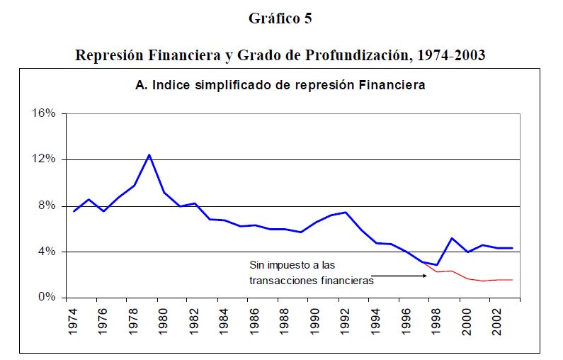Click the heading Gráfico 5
280,19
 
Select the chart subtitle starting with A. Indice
280,86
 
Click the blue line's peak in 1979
149,154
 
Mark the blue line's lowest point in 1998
438,265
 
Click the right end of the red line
512,280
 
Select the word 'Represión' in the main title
107,55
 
